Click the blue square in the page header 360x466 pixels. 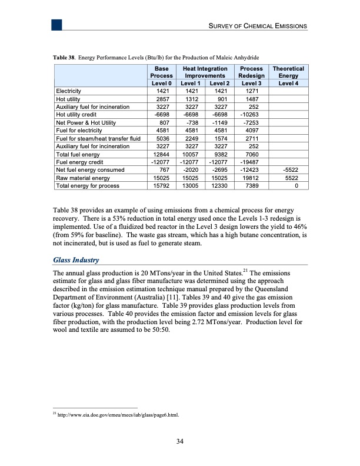pyautogui.click(x=56, y=24)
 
